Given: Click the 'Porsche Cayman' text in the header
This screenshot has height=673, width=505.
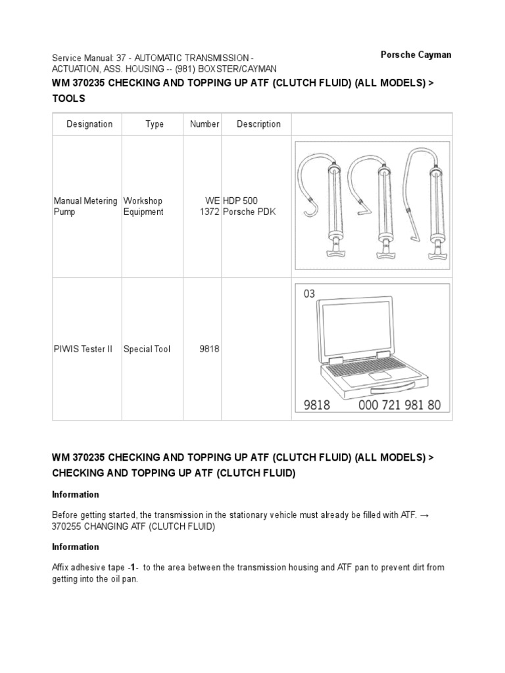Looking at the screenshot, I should coord(416,55).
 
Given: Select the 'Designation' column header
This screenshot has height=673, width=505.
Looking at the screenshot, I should coord(89,124).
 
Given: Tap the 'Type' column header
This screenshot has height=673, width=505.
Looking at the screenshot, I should coord(155,124).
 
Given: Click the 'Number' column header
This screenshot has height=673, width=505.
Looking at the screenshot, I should coord(204,124).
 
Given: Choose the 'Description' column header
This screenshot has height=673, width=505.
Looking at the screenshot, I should coord(258,124).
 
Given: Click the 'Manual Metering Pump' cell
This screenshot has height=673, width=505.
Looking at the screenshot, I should coord(85,206).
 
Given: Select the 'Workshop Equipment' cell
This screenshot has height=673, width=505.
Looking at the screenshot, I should coord(143,206).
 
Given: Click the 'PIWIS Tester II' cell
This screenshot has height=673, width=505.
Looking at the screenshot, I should coord(79,349).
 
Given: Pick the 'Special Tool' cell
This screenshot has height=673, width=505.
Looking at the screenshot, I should coord(147,349).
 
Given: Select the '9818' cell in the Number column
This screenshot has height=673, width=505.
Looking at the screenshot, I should coord(209,349).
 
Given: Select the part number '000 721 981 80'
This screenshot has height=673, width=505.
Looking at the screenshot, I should coord(400,406).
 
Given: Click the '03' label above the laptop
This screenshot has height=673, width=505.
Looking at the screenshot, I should coord(310,294).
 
